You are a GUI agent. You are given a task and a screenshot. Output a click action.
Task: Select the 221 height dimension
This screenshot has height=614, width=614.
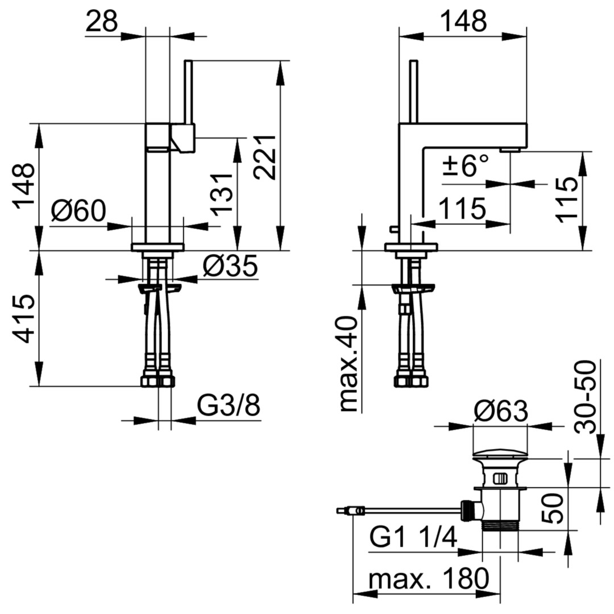coord(264,157)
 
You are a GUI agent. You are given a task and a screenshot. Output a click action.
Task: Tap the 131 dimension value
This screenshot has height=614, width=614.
coord(222,193)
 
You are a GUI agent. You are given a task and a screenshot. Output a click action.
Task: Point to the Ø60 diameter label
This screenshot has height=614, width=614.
coord(78,211)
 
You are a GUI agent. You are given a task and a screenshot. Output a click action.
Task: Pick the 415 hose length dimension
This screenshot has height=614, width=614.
coord(23,318)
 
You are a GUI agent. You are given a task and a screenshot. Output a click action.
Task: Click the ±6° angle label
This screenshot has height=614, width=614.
coord(466,165)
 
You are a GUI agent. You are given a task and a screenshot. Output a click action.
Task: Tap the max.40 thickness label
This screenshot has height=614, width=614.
coord(349,364)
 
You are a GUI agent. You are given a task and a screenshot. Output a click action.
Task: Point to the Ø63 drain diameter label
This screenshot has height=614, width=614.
coord(501,412)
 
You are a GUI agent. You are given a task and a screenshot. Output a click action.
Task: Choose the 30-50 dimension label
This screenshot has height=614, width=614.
coord(586,397)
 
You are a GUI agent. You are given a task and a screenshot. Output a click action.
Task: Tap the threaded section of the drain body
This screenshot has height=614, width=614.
coord(500,526)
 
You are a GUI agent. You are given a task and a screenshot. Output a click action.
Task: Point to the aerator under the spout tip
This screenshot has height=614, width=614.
coord(511,149)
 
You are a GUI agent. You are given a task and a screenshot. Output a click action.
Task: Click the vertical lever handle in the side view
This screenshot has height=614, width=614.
coord(413,92)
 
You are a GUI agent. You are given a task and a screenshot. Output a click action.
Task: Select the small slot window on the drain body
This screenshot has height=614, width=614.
coord(500,478)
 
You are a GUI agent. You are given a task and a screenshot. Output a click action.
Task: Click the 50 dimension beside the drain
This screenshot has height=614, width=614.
coord(553,509)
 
